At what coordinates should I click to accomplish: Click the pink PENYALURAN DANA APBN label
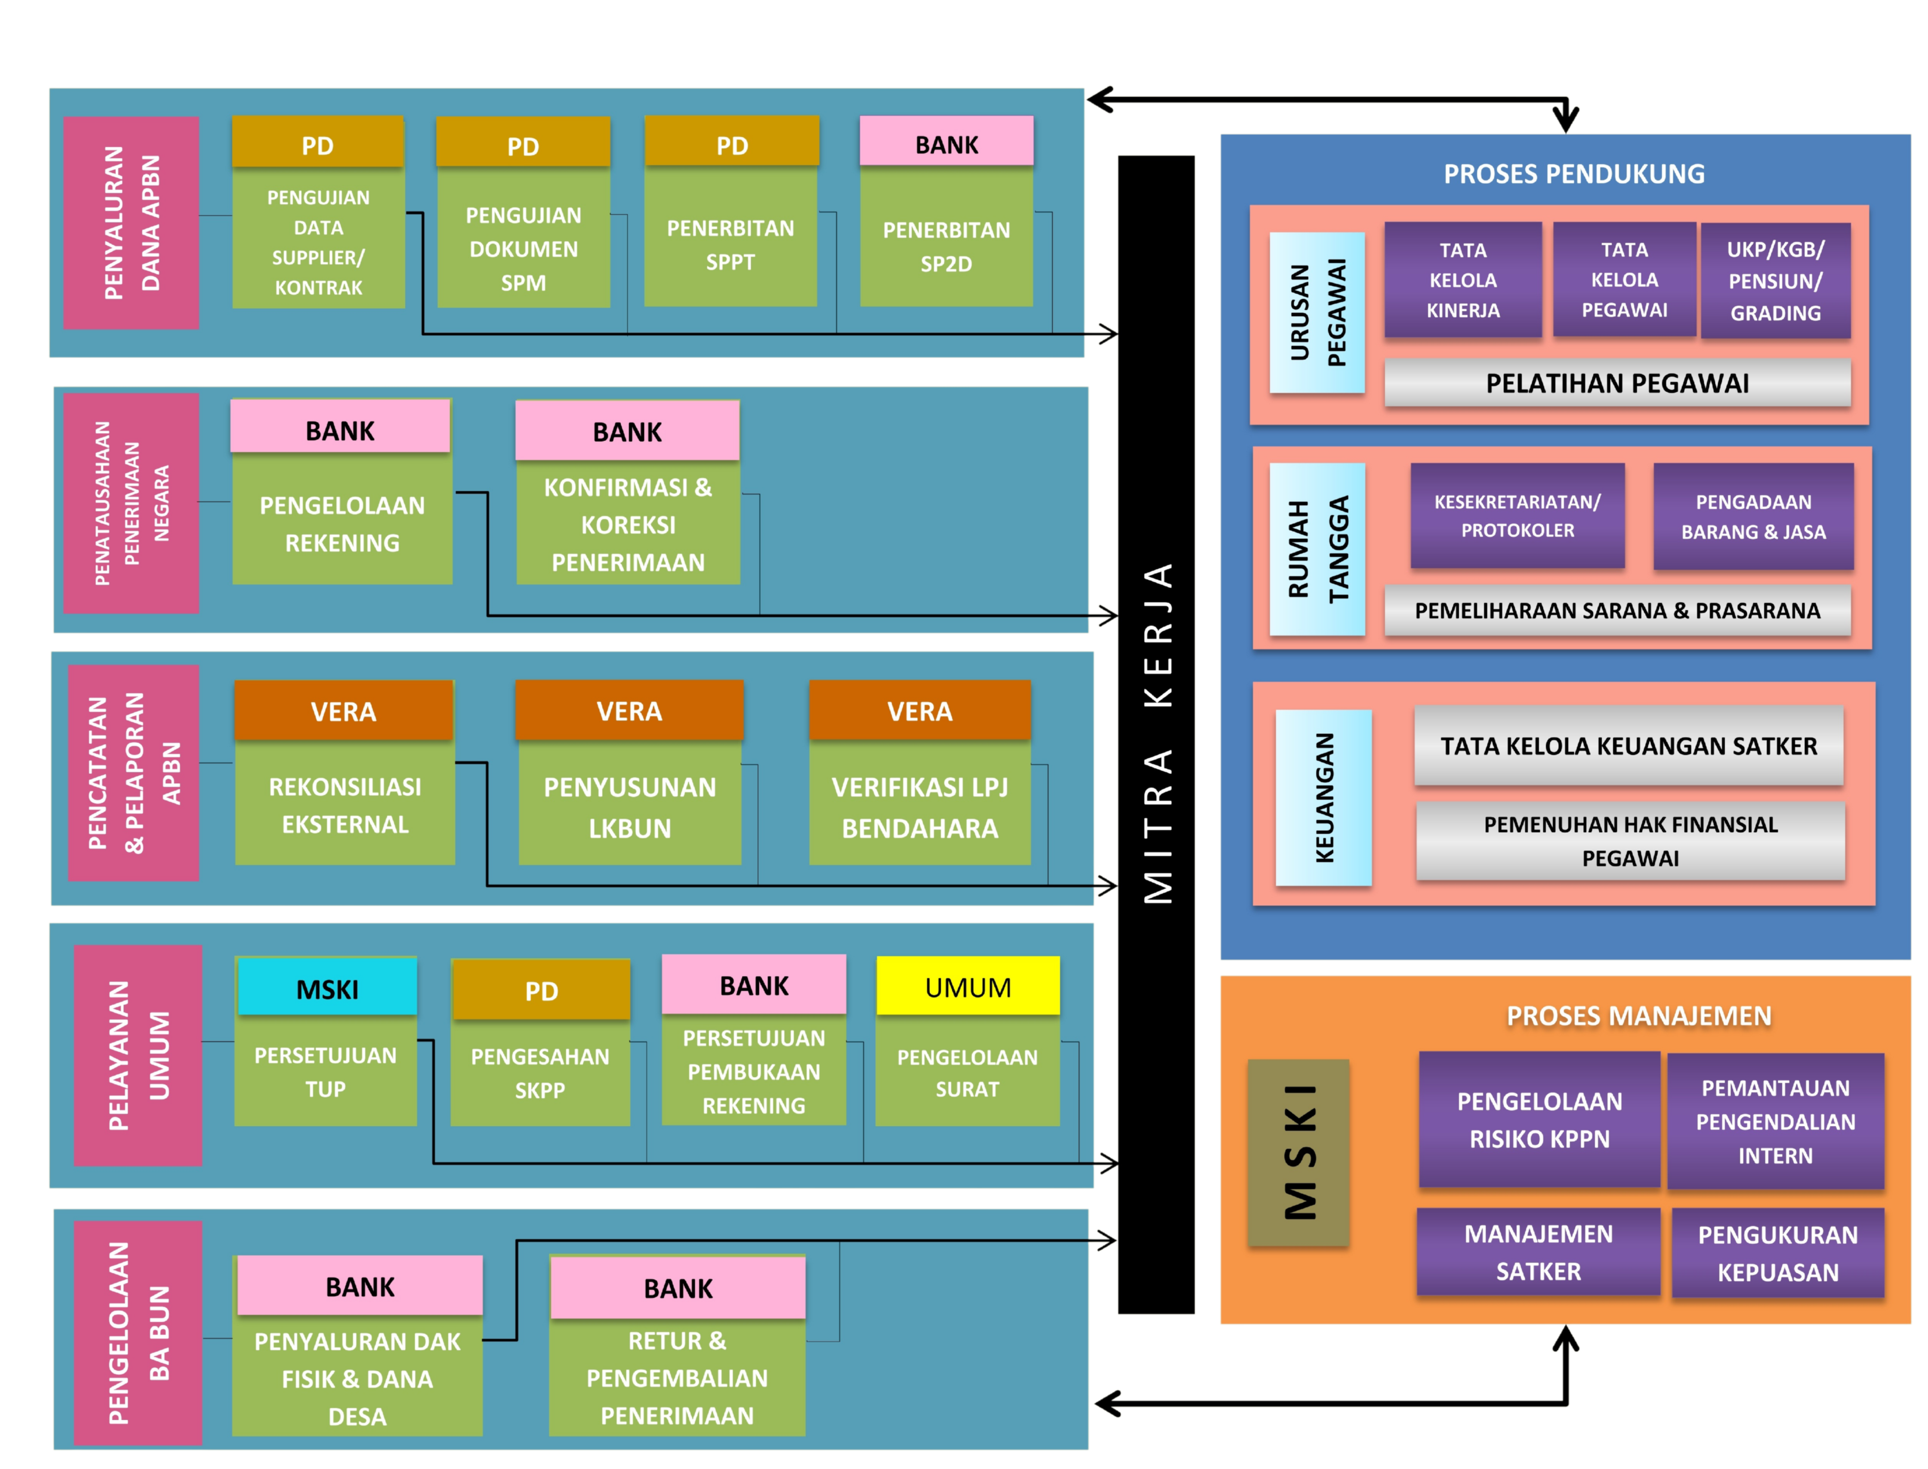click(131, 223)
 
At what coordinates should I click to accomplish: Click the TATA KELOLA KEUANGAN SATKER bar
click(1628, 746)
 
